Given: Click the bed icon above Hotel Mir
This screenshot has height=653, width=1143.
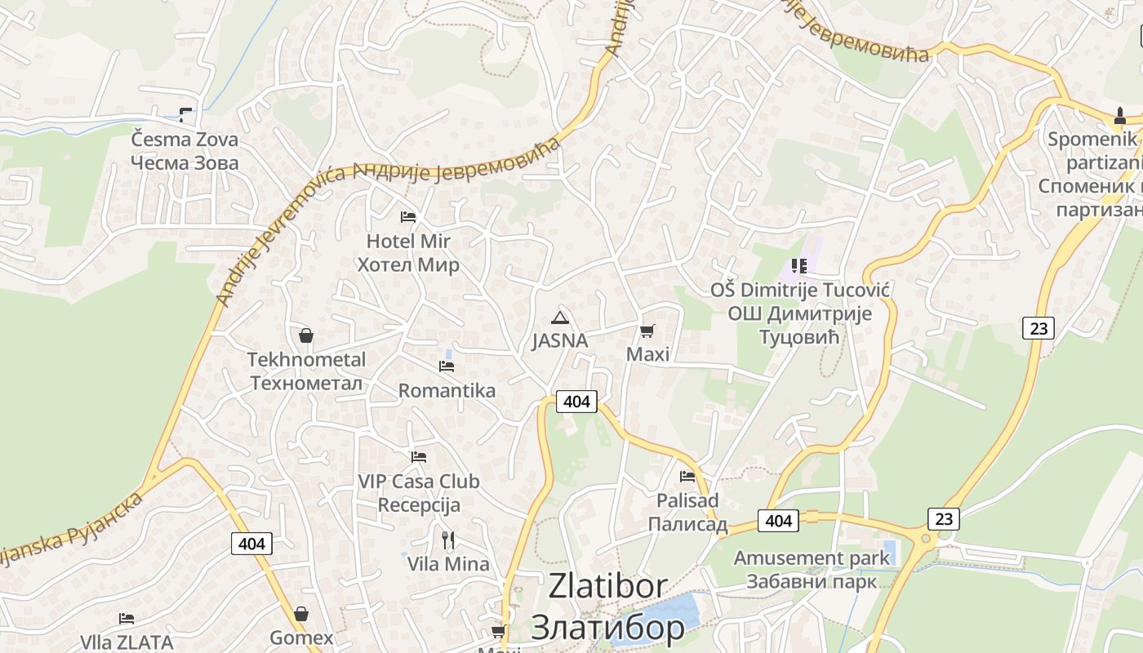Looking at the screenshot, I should (408, 217).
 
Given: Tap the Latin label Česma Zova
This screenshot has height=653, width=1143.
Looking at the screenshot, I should (185, 139).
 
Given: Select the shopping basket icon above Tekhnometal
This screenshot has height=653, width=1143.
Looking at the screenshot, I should (306, 335).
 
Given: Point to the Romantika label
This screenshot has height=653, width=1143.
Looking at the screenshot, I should (447, 390).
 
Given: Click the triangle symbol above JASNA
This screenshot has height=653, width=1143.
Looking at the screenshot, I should (559, 318).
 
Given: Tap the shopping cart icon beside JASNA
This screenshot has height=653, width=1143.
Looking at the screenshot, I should (647, 331).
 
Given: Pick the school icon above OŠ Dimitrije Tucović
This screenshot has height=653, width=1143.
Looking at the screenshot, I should (798, 266).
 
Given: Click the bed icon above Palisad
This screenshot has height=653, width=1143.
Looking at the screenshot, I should (687, 476).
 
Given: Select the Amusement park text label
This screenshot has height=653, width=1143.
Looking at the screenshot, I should (812, 558).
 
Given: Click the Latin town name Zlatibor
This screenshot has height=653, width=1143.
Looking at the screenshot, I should (608, 586).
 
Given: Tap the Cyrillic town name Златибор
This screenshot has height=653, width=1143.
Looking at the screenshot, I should (608, 627).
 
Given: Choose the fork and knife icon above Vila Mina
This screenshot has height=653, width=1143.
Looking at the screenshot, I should (448, 540).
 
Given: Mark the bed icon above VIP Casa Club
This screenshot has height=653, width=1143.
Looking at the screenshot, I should (419, 457).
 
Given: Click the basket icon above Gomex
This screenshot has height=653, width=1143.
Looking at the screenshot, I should (301, 614).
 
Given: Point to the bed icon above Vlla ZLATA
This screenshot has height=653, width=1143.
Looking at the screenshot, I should (127, 619).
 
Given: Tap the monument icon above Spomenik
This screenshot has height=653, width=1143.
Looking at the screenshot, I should (1120, 117).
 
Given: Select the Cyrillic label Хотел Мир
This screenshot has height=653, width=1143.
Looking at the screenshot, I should (408, 265).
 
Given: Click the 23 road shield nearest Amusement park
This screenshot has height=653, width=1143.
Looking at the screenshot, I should (943, 519).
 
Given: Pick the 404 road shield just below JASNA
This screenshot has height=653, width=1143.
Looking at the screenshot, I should (576, 402).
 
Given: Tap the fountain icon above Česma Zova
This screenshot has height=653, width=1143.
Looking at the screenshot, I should (185, 115).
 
